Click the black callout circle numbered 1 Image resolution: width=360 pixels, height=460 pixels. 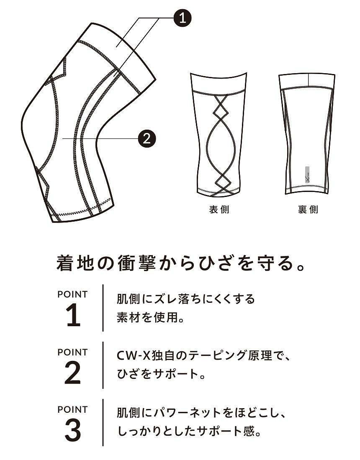tap(183, 18)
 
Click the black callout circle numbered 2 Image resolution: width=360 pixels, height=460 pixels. tap(147, 138)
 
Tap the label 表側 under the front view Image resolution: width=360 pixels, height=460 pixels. tap(219, 210)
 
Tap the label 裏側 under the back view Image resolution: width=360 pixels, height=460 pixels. tap(308, 210)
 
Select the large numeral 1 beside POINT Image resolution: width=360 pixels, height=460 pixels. tap(73, 315)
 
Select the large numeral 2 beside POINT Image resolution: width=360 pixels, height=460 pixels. tap(73, 373)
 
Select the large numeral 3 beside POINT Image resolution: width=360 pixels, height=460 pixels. tap(73, 430)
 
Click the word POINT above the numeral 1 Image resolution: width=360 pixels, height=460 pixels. tap(72, 294)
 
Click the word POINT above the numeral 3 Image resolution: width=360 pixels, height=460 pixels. tap(72, 409)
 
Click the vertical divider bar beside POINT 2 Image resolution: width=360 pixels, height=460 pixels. tap(103, 365)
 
